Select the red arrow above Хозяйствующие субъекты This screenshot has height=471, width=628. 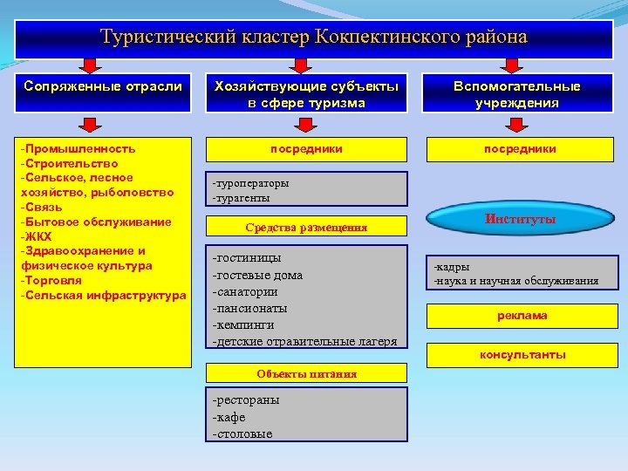(300, 66)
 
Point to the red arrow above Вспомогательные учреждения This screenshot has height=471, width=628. (512, 66)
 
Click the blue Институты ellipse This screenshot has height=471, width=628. (520, 220)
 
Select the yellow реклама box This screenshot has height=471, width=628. (522, 316)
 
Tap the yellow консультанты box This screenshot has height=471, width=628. (522, 355)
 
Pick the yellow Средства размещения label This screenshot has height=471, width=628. (306, 228)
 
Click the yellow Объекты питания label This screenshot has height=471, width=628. (306, 373)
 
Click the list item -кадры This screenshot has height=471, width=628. (452, 266)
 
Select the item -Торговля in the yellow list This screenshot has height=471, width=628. (51, 280)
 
